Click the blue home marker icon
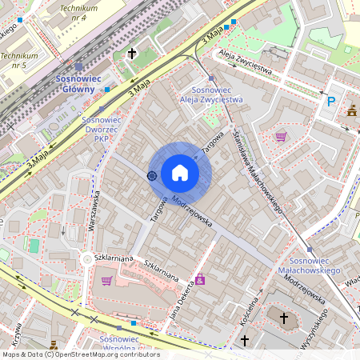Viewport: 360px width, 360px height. tap(180, 173)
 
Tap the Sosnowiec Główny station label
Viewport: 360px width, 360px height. tap(78, 84)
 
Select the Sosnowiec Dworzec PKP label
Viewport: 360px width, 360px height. tap(101, 129)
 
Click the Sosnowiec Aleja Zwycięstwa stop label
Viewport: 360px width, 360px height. tap(212, 95)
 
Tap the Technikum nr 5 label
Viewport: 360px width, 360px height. tap(19, 61)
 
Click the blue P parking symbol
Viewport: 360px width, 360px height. tap(330, 102)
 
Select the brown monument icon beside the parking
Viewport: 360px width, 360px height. tap(351, 111)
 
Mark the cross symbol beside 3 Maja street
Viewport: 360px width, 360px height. tap(131, 54)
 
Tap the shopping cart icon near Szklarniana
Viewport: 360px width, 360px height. tap(106, 280)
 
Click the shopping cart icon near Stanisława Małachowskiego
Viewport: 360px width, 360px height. tap(280, 136)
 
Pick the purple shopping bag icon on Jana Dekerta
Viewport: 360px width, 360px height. tap(200, 279)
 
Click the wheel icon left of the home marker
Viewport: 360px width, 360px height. tap(152, 175)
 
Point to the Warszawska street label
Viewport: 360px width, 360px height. tap(94, 210)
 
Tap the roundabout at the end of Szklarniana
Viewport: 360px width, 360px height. tap(86, 259)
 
